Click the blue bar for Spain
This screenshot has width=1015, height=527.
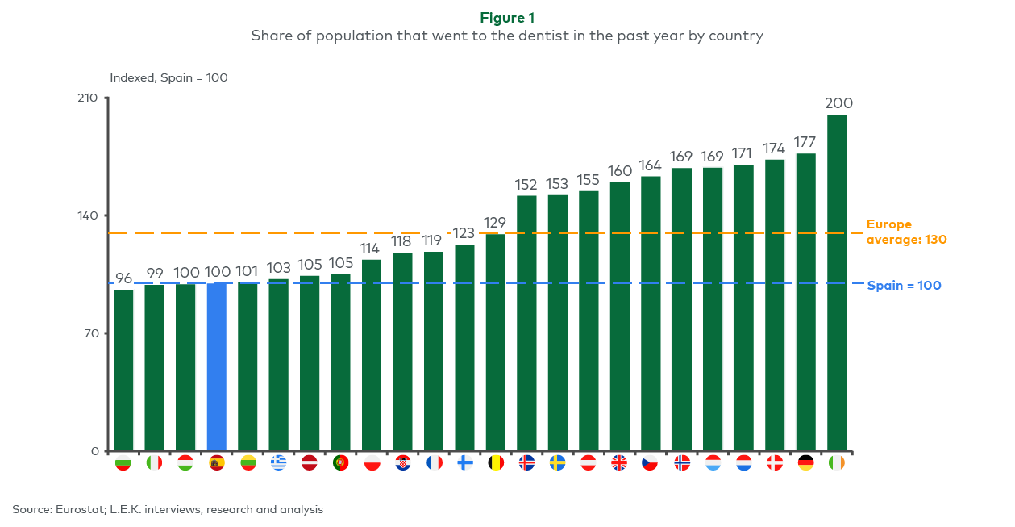click(217, 366)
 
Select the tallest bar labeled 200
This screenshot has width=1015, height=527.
click(837, 282)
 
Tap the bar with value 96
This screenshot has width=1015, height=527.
click(123, 370)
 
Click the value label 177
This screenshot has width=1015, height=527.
click(805, 142)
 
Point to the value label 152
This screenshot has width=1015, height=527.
click(526, 185)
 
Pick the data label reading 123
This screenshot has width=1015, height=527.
click(463, 233)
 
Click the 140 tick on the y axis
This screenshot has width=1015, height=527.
click(88, 215)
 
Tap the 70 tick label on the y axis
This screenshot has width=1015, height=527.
click(91, 333)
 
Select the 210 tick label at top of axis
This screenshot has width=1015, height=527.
click(87, 98)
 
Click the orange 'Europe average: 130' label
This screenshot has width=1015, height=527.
click(906, 232)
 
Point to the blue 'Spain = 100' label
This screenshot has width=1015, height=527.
click(904, 285)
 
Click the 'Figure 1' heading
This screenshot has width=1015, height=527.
click(507, 18)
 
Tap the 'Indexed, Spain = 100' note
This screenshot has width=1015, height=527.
click(168, 77)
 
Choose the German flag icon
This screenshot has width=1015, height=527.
click(805, 463)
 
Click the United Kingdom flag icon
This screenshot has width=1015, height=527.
click(619, 463)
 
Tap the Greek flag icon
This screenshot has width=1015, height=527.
click(279, 463)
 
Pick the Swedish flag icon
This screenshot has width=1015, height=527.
click(557, 463)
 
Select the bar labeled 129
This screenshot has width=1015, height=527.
click(495, 342)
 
